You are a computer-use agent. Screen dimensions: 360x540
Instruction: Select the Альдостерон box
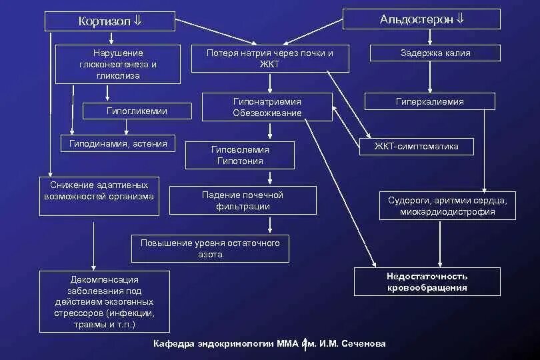[x=421, y=19]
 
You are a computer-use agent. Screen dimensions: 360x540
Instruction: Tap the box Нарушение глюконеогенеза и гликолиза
[x=117, y=64]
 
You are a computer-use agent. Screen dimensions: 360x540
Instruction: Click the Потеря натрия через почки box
[x=270, y=59]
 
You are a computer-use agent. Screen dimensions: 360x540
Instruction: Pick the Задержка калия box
[x=435, y=53]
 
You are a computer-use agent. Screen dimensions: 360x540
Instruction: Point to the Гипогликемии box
[x=137, y=111]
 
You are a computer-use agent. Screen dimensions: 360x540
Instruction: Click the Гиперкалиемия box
[x=429, y=101]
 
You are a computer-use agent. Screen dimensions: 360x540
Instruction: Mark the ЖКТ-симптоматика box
[x=417, y=146]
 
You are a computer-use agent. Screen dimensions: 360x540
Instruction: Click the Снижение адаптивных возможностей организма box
[x=99, y=196]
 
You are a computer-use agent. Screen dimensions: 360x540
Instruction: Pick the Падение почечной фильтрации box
[x=242, y=200]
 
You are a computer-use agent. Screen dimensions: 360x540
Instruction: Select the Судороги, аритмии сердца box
[x=447, y=206]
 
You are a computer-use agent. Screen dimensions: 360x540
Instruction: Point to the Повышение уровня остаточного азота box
[x=210, y=248]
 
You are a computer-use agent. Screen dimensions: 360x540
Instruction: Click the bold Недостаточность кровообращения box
[x=427, y=281]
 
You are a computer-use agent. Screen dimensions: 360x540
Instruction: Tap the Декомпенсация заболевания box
[x=104, y=301]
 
